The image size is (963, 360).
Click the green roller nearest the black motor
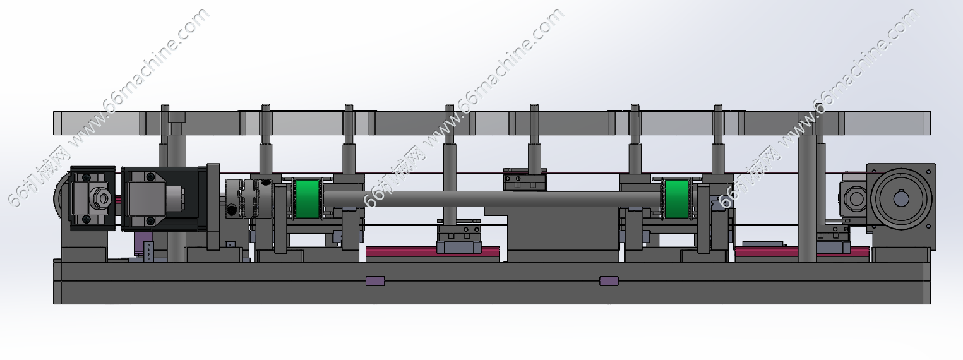(x=308, y=199)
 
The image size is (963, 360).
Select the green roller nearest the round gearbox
(x=677, y=199)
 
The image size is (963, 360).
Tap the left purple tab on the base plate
(x=375, y=281)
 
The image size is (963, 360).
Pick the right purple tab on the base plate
(x=609, y=281)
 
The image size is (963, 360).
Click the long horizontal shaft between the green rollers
(x=493, y=199)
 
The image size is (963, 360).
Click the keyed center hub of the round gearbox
(x=900, y=198)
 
